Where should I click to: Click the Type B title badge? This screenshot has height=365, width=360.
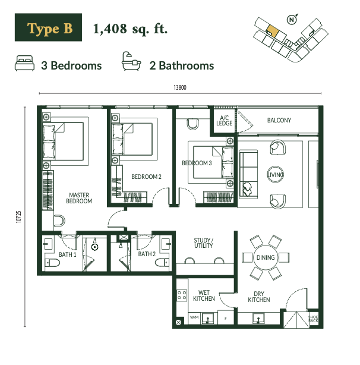[x=48, y=27]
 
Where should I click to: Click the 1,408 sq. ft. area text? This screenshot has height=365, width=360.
[x=130, y=29]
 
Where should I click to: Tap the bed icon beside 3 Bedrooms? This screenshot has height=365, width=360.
[x=24, y=63]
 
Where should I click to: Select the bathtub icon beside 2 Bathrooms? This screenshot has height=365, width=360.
[x=131, y=61]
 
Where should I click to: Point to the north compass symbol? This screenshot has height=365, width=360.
[x=292, y=20]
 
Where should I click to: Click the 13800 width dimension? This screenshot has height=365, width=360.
[x=180, y=87]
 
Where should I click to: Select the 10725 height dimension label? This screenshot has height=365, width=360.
[x=18, y=217]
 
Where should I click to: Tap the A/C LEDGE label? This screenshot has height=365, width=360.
[x=224, y=121]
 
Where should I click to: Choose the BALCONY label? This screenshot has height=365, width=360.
[x=279, y=120]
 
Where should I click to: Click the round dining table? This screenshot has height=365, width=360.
[x=266, y=257]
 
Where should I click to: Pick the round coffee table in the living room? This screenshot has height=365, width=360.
[x=276, y=174]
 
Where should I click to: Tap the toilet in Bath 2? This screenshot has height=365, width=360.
[x=162, y=263]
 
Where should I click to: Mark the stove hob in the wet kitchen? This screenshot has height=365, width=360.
[x=182, y=295]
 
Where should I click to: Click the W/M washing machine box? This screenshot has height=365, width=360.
[x=194, y=317]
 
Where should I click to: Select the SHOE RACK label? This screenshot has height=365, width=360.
[x=313, y=319]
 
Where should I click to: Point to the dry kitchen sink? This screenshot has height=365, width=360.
[x=258, y=318]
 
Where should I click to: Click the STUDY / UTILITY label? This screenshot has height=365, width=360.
[x=204, y=243]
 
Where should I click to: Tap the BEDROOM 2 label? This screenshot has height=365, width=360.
[x=146, y=177]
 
